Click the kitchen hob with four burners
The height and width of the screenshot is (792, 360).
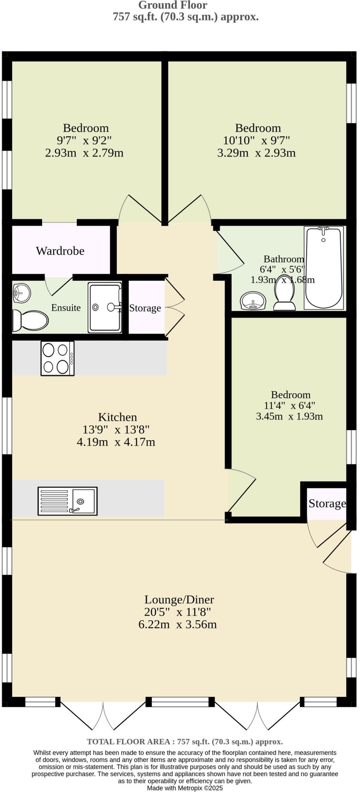click(x=57, y=358)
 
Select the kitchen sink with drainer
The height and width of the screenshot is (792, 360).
click(x=67, y=501)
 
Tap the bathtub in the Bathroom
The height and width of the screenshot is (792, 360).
click(x=324, y=268)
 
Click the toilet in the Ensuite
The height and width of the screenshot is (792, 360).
click(x=30, y=321)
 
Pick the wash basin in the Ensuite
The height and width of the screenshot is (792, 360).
click(x=21, y=294)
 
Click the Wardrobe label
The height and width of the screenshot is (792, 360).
click(x=60, y=251)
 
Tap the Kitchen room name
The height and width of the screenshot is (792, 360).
click(x=118, y=417)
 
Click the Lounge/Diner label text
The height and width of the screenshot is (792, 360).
click(x=179, y=599)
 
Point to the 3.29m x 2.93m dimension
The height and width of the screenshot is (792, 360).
click(x=256, y=153)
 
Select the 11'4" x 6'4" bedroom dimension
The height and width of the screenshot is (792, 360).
click(x=290, y=405)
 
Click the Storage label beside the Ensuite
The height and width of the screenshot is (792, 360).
click(x=145, y=308)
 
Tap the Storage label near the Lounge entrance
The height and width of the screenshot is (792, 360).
click(x=327, y=504)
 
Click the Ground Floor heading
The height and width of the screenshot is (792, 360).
click(x=173, y=5)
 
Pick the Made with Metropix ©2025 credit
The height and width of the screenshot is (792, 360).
click(x=185, y=788)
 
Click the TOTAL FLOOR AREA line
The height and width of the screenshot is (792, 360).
click(x=185, y=741)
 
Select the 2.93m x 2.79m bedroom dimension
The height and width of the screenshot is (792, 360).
click(x=84, y=153)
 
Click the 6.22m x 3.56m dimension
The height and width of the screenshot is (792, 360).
click(x=177, y=624)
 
